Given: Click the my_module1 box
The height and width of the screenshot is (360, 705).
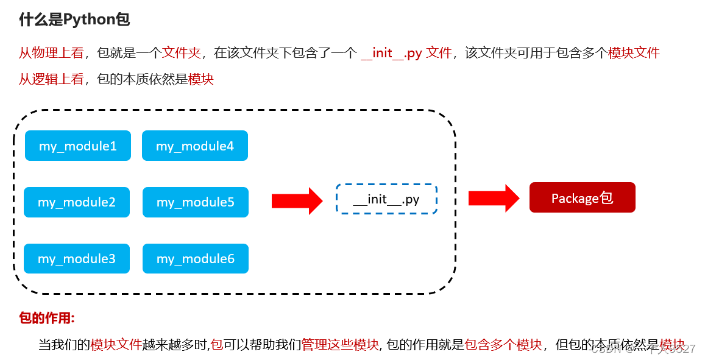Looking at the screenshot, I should click(x=78, y=146).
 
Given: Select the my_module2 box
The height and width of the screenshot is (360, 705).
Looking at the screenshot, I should click(x=77, y=202).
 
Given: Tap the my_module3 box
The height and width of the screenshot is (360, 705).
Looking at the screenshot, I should click(x=77, y=259).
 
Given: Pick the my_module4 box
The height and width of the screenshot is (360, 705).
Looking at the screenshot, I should click(x=195, y=146).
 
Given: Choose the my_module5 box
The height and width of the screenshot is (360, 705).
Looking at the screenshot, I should click(x=196, y=202).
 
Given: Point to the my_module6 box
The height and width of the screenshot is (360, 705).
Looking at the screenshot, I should click(x=196, y=259).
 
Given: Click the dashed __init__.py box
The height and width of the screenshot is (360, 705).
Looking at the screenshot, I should click(x=386, y=199).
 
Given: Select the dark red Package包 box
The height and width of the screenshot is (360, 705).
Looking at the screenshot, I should click(x=582, y=197).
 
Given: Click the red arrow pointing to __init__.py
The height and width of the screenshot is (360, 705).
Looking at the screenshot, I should click(x=297, y=200).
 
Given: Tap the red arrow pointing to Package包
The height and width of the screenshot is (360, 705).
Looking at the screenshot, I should click(x=494, y=198).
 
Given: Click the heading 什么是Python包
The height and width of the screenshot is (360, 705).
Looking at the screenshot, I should click(x=74, y=19).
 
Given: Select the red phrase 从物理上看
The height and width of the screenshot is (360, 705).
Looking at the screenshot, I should click(x=51, y=53).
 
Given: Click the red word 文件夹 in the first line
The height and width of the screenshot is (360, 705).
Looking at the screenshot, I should click(x=182, y=53).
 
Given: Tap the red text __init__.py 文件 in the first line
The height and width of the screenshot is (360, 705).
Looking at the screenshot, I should click(x=406, y=53).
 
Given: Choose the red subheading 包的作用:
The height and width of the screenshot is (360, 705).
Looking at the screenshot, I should click(x=47, y=318).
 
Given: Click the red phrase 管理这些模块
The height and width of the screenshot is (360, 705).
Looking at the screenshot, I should click(x=340, y=345).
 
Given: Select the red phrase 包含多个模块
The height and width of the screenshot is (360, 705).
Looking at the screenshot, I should click(x=503, y=345).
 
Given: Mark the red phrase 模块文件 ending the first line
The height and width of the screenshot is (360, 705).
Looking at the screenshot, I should click(x=634, y=53).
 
